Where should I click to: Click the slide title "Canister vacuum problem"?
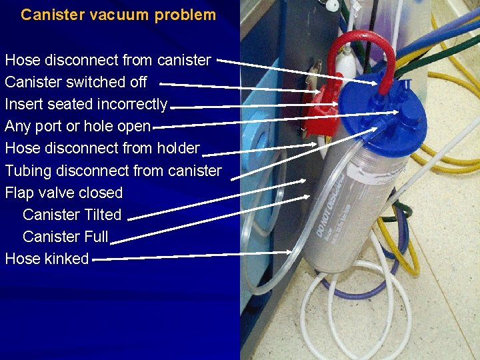pos(119,15)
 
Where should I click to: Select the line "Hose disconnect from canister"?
pos(108,60)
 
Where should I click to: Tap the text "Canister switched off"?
pos(76,82)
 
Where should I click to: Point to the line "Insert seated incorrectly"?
pos(86,104)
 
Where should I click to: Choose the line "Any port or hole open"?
pos(78,126)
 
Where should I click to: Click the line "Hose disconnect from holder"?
pos(102,148)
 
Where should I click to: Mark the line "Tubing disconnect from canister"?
pos(113,170)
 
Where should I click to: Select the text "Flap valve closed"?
pos(64,193)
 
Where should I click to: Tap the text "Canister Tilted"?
pos(72,215)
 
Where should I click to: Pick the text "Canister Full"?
pos(65,237)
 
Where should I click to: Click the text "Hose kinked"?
pos(47,259)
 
